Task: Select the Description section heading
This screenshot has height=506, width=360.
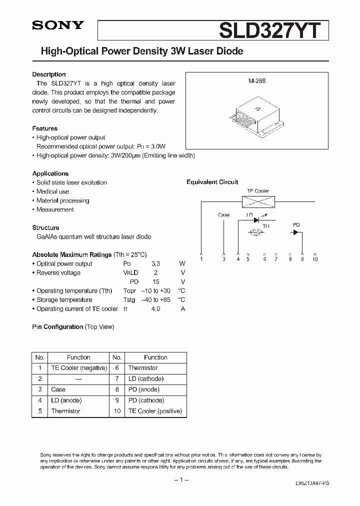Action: click(49, 74)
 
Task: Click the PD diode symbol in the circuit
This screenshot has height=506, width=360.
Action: click(295, 232)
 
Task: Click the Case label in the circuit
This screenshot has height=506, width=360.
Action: click(224, 215)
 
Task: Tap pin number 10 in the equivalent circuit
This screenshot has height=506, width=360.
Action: click(315, 259)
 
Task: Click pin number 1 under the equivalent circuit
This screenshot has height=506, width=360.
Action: click(201, 259)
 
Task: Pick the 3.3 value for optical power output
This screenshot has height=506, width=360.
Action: click(156, 263)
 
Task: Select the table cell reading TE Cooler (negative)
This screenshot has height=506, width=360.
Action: click(79, 368)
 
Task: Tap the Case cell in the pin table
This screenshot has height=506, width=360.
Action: click(58, 389)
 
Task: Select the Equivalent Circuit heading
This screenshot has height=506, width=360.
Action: click(212, 182)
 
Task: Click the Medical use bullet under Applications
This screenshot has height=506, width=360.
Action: click(52, 191)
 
